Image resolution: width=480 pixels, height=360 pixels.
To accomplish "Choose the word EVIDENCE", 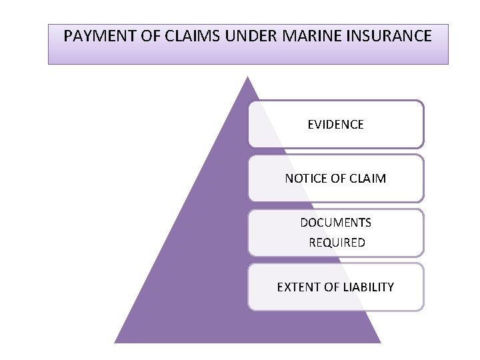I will point(335,125).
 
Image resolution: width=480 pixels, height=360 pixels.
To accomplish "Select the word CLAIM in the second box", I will point(369,179).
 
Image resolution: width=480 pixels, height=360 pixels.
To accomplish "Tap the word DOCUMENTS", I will point(335,223).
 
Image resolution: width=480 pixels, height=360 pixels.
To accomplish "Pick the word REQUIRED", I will point(337,243).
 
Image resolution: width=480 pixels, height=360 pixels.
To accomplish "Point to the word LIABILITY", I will point(368,287).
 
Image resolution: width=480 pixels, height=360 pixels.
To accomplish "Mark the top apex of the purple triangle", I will point(248,77).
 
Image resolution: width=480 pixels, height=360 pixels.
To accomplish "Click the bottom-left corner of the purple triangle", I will point(115,343).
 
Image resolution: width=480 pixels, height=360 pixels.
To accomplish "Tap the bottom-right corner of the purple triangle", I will point(380,343).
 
